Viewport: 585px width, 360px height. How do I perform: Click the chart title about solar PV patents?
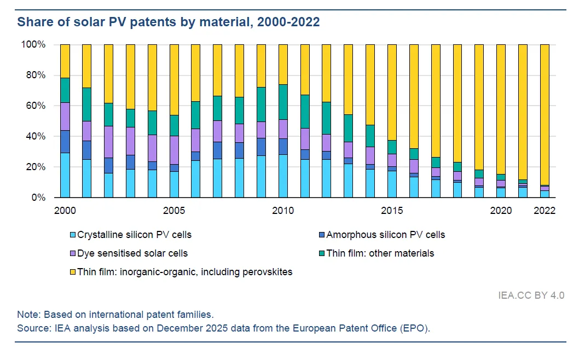coord(169,22)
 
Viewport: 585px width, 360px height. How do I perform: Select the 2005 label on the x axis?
coord(174,211)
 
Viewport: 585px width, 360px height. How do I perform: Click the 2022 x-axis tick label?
coord(545,211)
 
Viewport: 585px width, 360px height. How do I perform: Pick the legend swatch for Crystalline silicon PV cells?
coord(71,235)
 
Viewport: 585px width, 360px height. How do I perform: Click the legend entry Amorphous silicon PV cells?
coord(385,235)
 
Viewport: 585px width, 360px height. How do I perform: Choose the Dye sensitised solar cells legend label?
coord(132,253)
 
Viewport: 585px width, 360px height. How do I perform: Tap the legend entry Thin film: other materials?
coord(380,253)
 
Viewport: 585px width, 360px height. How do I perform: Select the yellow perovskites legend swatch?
coord(71,272)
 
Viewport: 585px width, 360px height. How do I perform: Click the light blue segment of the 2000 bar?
coord(65,175)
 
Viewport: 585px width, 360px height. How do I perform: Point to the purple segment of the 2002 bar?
coord(108,142)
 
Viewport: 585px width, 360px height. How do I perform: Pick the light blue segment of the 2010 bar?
coord(283,176)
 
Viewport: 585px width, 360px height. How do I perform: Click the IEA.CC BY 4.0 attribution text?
coord(531,295)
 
